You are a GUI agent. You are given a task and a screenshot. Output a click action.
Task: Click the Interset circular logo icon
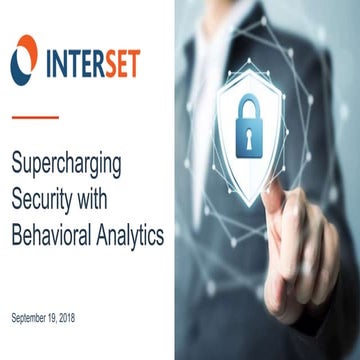click(24, 58)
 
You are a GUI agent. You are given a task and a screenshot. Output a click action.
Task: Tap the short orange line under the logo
click(34, 117)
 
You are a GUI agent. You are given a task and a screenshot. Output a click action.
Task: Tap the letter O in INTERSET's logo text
click(25, 58)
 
